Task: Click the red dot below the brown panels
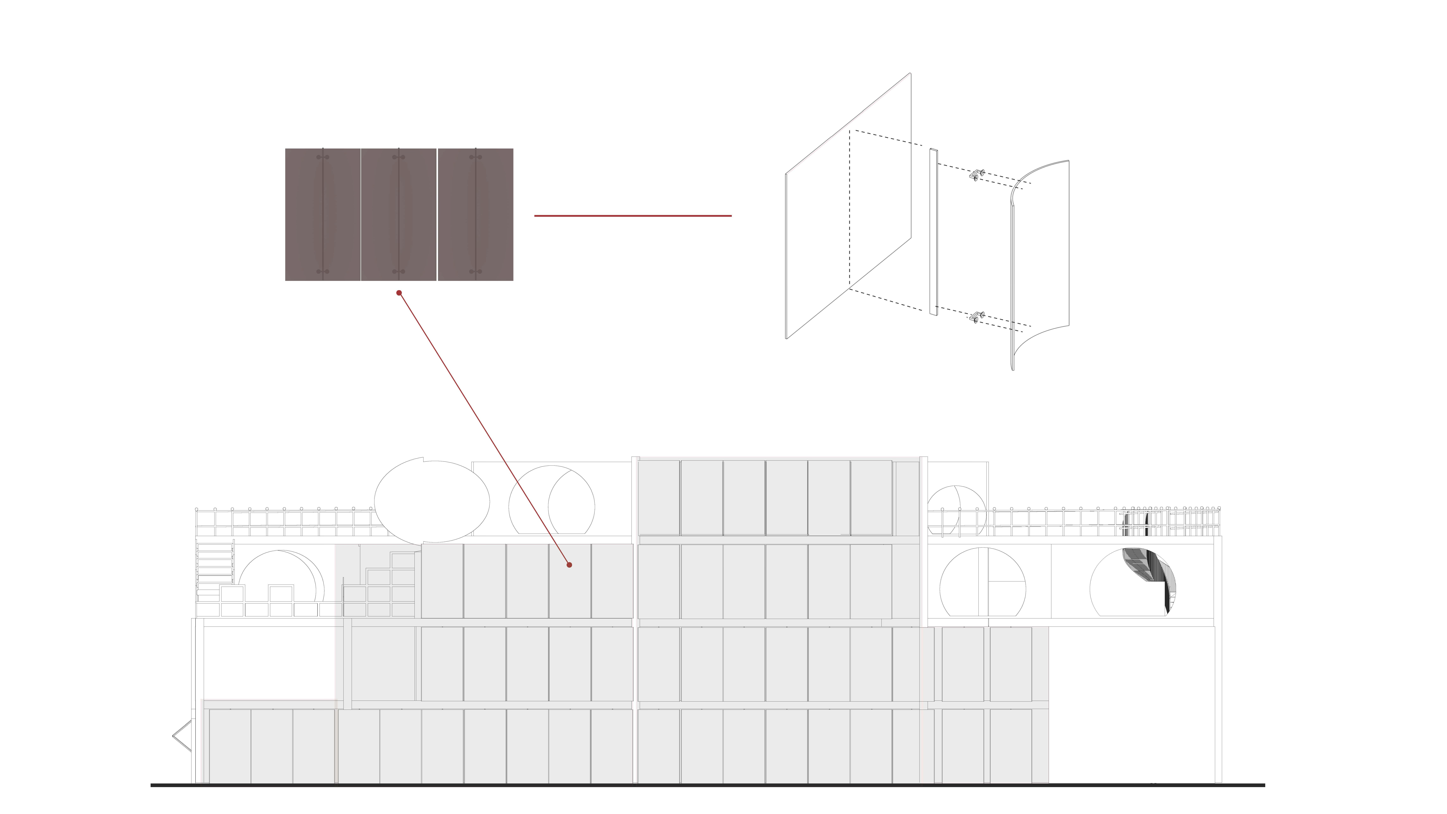point(399,293)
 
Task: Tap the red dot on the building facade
point(569,564)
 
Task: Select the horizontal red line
point(632,216)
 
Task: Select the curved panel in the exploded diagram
point(1040,264)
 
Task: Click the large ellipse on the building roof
point(432,502)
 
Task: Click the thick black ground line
point(708,785)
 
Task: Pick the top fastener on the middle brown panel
point(399,157)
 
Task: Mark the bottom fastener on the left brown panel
point(322,272)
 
